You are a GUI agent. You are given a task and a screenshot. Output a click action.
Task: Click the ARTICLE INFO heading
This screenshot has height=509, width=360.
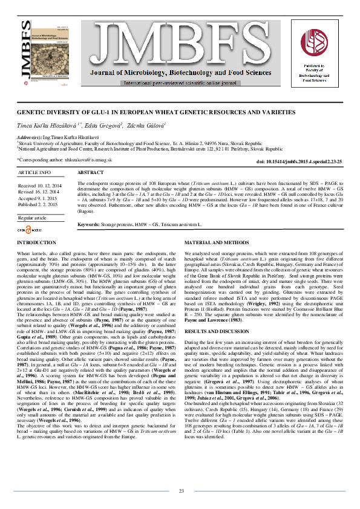(34, 172)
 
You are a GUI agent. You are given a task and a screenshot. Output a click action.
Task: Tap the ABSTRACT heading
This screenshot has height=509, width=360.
(92, 172)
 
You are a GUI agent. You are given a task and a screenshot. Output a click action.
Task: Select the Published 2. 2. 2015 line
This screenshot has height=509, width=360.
(40, 204)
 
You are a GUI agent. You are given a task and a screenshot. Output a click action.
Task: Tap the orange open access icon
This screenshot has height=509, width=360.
(27, 230)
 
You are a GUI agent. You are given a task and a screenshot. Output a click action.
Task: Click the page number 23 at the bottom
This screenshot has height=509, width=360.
(181, 491)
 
